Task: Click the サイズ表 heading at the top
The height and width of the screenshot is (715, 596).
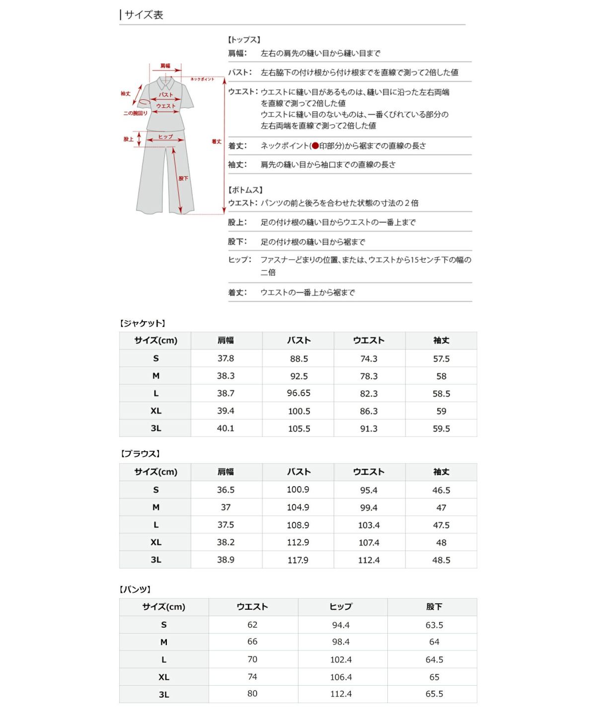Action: [144, 15]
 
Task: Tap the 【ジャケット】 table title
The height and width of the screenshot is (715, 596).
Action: [143, 323]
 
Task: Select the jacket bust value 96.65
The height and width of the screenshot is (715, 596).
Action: [298, 393]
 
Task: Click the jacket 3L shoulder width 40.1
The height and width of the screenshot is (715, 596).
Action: [225, 428]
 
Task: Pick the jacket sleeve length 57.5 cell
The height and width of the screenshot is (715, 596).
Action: [441, 358]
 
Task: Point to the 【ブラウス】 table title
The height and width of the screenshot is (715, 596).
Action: [140, 454]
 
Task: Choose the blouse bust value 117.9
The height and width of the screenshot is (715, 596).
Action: [298, 560]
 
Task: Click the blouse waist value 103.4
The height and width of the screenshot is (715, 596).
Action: [369, 525]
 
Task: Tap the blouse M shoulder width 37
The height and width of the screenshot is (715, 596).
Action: [225, 507]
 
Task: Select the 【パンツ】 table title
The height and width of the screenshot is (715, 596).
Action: [135, 589]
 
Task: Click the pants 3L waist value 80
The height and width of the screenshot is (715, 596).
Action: [252, 694]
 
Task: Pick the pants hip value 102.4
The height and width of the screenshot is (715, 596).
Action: [341, 659]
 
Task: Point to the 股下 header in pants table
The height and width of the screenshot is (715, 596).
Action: [434, 607]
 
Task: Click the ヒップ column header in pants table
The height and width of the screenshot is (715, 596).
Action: [341, 607]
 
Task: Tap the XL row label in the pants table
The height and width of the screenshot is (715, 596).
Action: [164, 677]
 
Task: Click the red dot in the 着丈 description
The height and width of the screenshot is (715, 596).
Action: [315, 146]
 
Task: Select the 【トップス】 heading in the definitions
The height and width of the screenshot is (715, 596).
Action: [244, 40]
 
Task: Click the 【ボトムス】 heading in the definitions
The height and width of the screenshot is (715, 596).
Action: [245, 190]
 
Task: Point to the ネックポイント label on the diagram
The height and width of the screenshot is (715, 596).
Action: [202, 79]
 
